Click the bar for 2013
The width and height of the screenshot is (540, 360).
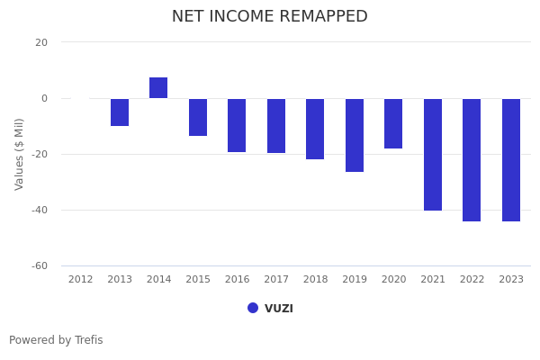[120, 112]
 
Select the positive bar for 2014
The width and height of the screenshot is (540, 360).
[158, 88]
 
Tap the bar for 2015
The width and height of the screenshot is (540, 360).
[198, 117]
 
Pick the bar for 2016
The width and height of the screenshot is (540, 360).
[237, 125]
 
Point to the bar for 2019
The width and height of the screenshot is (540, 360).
[355, 135]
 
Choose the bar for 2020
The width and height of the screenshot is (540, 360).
[393, 123]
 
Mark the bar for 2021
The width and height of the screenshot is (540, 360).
[433, 155]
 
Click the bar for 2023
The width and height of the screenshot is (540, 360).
[511, 160]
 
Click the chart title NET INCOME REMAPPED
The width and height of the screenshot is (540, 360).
[270, 17]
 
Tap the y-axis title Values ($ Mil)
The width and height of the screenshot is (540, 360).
[20, 154]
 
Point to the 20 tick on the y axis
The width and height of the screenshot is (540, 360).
[41, 42]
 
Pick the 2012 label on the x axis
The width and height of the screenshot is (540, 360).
[80, 280]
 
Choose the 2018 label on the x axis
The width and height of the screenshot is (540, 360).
[315, 280]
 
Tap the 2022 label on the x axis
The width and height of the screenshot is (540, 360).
[472, 280]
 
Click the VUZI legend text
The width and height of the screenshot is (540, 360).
[279, 309]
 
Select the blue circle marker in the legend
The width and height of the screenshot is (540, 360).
[253, 308]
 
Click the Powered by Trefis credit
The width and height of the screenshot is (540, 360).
[56, 340]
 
